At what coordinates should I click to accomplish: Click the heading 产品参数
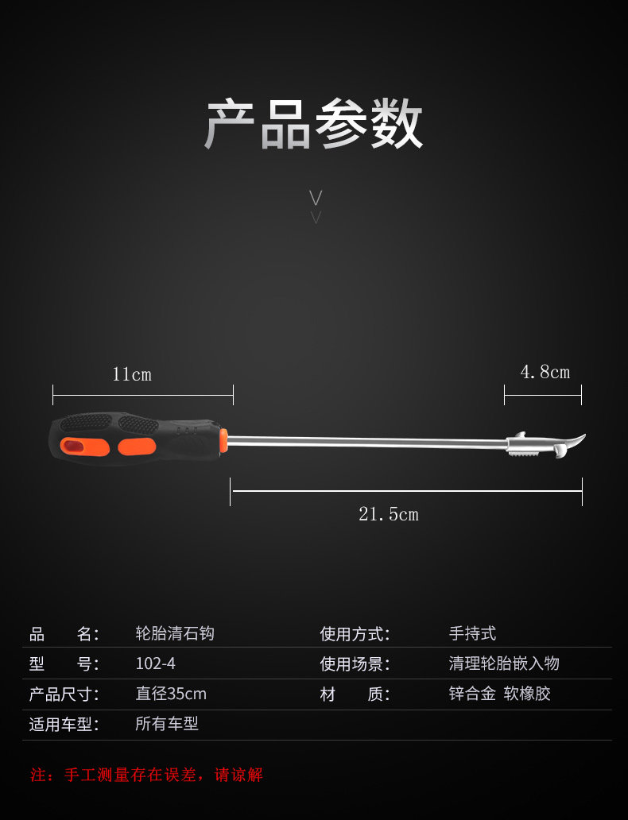pos(313,125)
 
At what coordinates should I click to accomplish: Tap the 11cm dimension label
pos(132,374)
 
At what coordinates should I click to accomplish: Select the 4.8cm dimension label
pos(545,372)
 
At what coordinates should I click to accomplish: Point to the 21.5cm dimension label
pos(388,514)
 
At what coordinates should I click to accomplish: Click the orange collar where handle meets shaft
pos(224,441)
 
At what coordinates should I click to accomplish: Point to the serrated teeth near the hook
pos(525,454)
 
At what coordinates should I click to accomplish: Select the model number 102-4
pos(156,663)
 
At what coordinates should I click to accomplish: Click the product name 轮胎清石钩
pos(175,633)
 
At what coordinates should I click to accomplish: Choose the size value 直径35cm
pos(171,694)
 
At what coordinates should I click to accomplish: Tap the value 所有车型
pos(167,724)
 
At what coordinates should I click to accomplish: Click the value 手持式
pos(472,633)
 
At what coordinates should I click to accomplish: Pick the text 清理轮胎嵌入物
pos(504,663)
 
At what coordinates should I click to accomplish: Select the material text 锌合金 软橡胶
pos(500,694)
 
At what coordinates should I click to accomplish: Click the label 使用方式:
pos(355,634)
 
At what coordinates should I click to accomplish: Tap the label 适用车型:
pos(64,725)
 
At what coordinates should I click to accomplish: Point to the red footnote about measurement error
pos(146,775)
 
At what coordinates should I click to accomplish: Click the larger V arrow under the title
pos(316,198)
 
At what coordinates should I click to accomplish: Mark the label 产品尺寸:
pos(64,694)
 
